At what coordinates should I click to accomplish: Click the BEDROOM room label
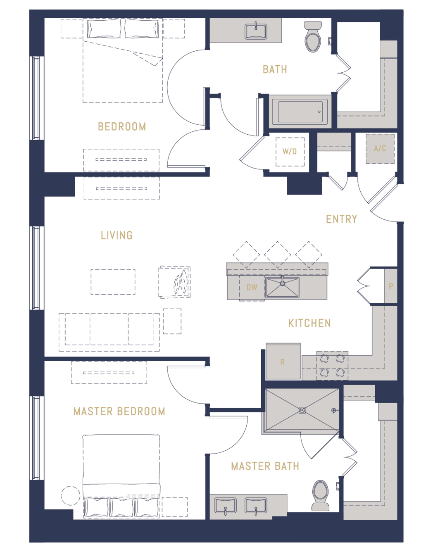(122, 126)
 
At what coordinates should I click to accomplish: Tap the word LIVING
(117, 235)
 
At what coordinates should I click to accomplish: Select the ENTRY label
(342, 219)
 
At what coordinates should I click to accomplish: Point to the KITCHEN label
(309, 323)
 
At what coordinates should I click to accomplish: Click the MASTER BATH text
(265, 466)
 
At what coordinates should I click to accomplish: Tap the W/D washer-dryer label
(290, 152)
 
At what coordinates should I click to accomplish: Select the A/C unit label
(380, 148)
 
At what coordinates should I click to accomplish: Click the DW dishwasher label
(252, 287)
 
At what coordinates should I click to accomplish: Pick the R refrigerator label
(283, 362)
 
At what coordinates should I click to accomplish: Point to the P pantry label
(391, 286)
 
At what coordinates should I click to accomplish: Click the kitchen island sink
(283, 287)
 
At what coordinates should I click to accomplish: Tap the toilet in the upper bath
(313, 36)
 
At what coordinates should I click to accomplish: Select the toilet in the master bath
(320, 496)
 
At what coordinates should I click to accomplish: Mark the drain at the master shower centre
(302, 410)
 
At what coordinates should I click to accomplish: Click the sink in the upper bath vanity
(256, 31)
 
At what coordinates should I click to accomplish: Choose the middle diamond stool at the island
(277, 255)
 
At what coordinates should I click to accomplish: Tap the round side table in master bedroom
(70, 496)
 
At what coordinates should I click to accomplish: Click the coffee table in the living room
(113, 282)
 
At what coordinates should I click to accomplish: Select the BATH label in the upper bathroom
(275, 69)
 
